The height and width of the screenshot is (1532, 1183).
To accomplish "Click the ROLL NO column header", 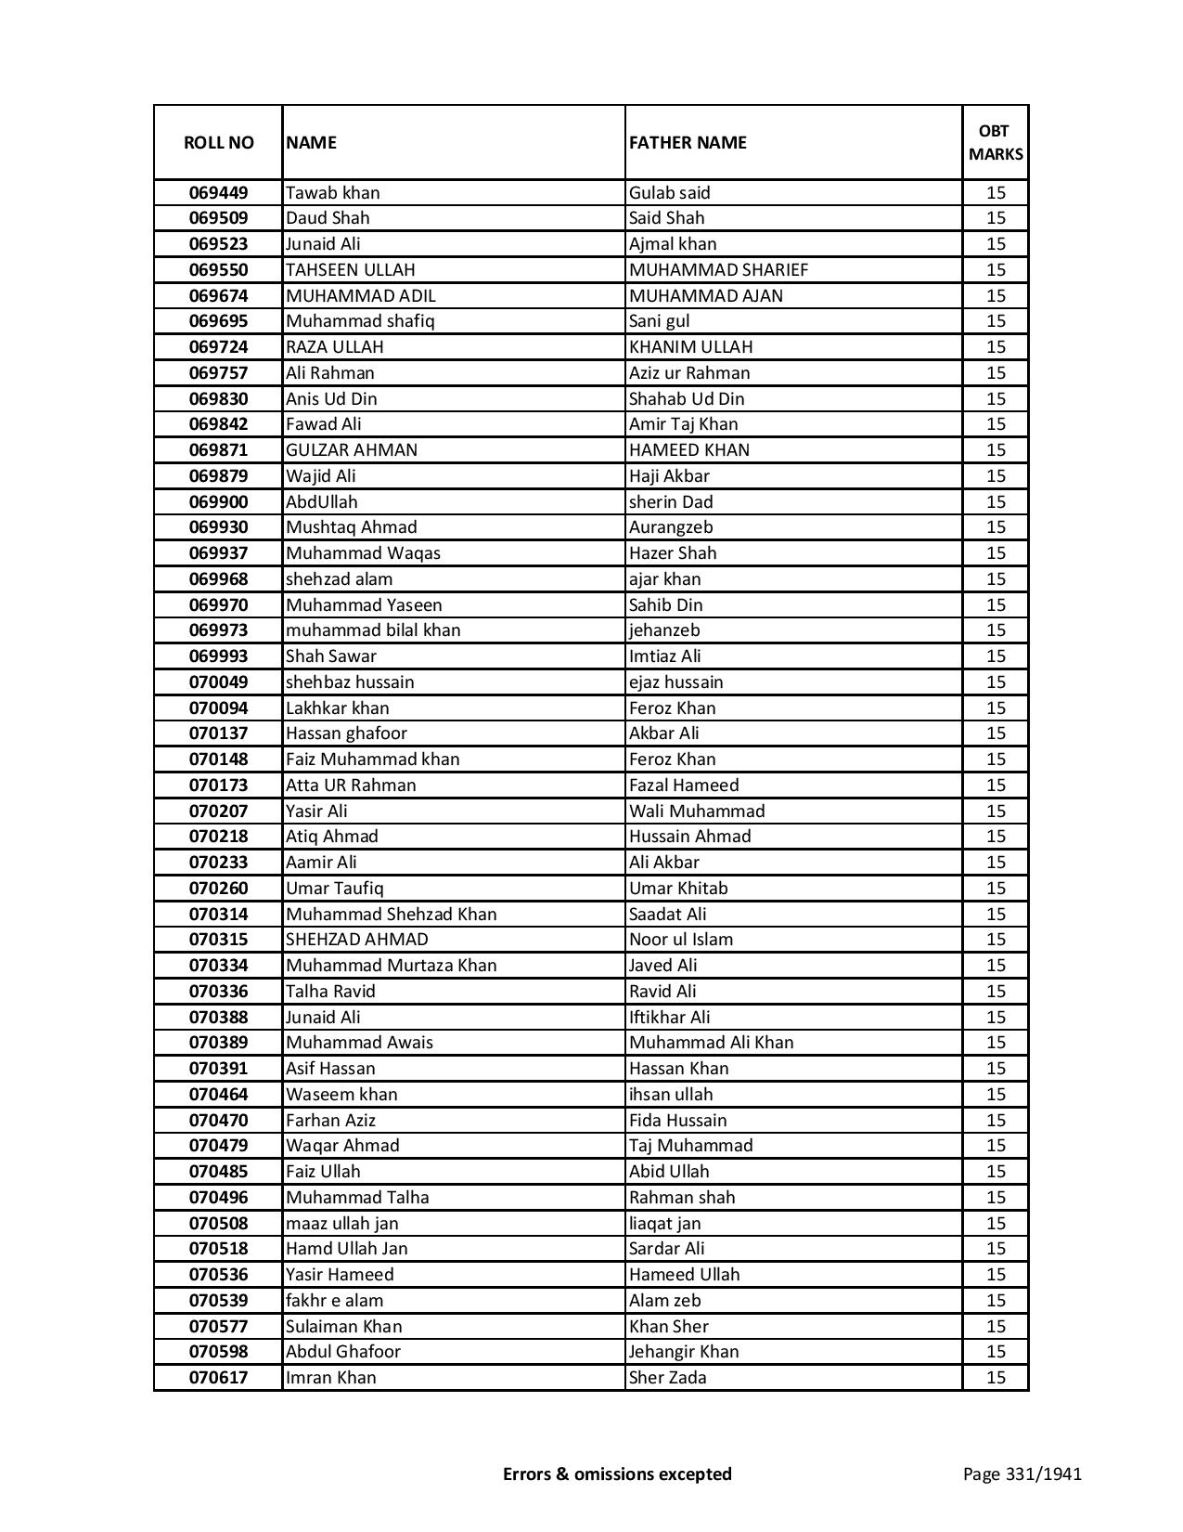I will point(218,142).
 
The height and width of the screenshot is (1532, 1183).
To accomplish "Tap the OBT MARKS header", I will point(996,142).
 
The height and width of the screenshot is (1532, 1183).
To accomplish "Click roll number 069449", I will point(218,193).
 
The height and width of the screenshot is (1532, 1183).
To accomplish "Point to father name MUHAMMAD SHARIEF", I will point(718,270).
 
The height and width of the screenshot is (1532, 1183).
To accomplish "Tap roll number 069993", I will point(218,656).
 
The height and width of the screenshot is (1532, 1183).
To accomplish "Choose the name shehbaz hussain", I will point(350,682).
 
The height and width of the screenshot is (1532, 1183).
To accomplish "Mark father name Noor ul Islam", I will point(681,940).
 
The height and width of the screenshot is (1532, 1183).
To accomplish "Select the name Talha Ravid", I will point(330,992).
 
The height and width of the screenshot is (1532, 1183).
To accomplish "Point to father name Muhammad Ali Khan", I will point(711,1043).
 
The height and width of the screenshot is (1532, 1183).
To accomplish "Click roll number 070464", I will point(218,1095).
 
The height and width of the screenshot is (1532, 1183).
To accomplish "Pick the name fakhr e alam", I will point(334,1301).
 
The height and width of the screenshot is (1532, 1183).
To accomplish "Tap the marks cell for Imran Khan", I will point(996,1378).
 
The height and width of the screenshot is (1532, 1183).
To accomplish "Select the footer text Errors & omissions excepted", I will point(617,1474).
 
